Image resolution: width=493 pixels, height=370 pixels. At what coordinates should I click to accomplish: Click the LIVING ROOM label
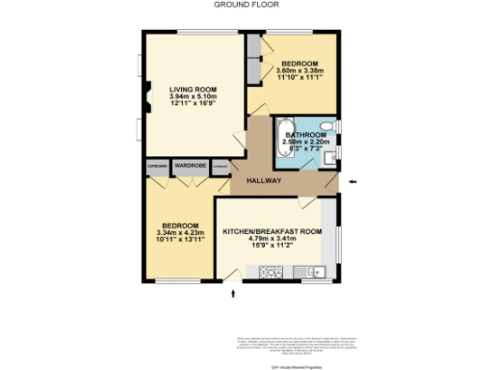[188, 86]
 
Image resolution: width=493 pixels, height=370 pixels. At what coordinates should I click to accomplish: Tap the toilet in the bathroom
[327, 126]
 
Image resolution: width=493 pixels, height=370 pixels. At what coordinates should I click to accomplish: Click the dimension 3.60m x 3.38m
[300, 69]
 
